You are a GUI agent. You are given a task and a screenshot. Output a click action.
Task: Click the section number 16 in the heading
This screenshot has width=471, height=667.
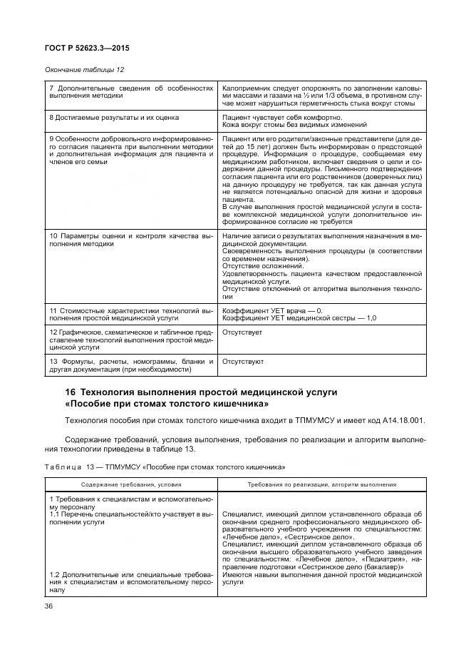70,392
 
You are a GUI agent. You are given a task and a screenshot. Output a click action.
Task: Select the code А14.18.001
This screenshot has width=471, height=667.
399,419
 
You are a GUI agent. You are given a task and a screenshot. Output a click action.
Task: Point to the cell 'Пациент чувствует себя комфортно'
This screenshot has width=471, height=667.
282,116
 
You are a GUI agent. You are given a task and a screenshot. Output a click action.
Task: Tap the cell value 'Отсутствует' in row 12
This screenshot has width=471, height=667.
242,332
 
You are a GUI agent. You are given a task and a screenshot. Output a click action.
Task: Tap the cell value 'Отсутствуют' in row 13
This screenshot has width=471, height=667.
243,361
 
